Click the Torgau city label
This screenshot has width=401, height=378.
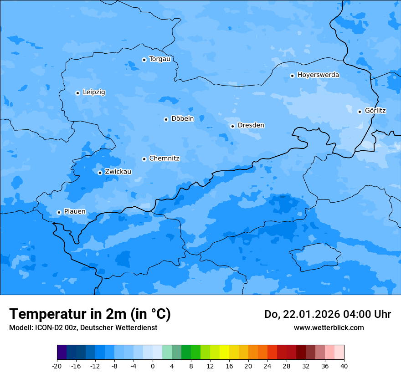(x=159, y=59)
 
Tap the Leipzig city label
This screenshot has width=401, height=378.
(x=94, y=92)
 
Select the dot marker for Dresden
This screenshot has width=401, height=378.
(x=232, y=126)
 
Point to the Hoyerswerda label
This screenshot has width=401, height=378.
(x=318, y=75)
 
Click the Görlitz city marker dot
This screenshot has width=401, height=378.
(x=360, y=112)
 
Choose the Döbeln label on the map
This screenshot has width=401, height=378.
(x=182, y=119)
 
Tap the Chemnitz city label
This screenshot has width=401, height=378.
(x=164, y=158)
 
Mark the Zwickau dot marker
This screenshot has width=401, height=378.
(x=100, y=173)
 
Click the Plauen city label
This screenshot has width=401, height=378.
(x=75, y=212)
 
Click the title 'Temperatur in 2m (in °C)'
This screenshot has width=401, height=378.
(x=90, y=314)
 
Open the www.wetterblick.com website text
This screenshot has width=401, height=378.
(x=329, y=328)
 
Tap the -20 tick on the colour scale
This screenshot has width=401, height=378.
(x=57, y=366)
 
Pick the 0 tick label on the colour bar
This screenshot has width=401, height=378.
(x=153, y=366)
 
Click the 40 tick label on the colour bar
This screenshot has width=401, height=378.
(x=344, y=366)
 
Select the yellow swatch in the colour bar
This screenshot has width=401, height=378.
(x=224, y=352)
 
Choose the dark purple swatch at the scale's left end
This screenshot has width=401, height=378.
(x=62, y=352)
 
